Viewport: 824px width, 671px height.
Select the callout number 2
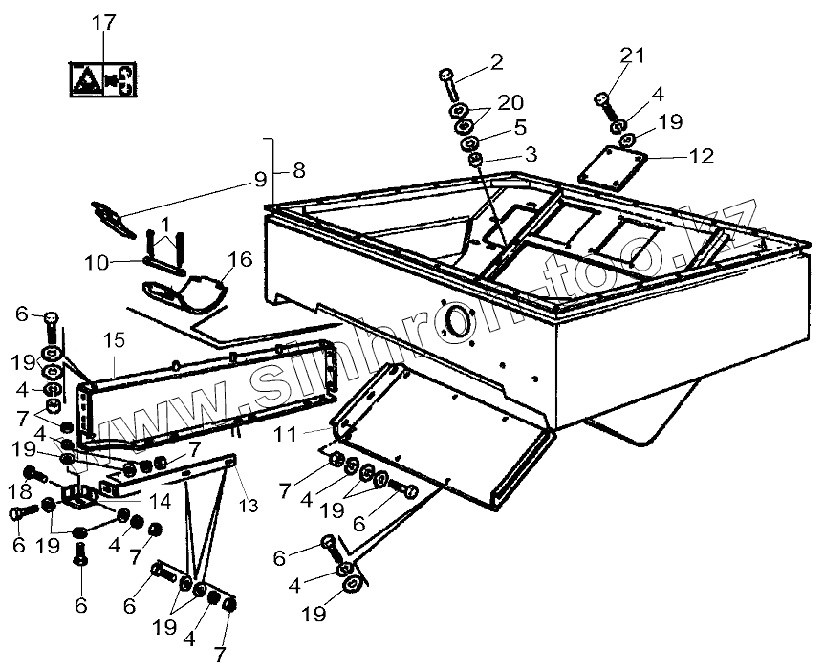tap(495, 64)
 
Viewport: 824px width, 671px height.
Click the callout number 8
tap(299, 171)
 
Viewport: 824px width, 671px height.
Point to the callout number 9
tap(260, 179)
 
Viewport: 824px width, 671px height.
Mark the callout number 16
tap(240, 259)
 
